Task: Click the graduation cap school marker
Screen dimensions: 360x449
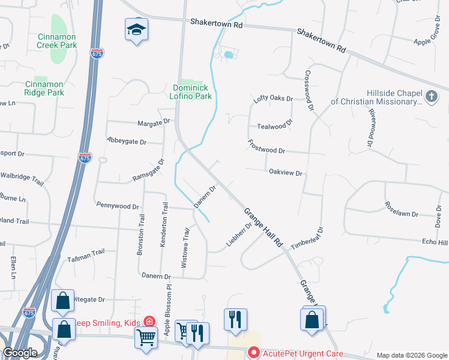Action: [137, 29]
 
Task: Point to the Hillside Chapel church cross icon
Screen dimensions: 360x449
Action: [431, 96]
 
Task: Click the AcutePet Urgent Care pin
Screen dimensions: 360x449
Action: [253, 353]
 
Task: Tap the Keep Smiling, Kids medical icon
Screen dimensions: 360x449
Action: [148, 323]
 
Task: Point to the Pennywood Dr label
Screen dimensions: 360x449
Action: [118, 206]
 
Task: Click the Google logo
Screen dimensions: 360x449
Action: [20, 353]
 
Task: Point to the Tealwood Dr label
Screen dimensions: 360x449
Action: [274, 125]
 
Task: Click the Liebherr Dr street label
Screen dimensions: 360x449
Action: [239, 233]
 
